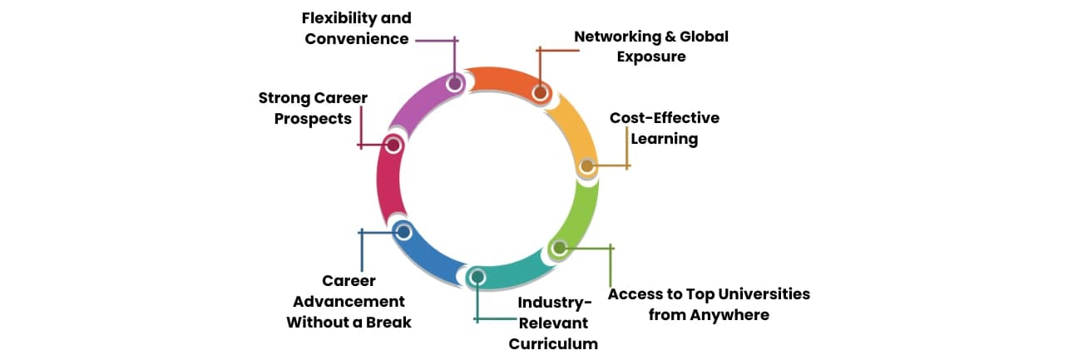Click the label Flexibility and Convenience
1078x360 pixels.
[356, 28]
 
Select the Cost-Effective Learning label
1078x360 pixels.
[664, 128]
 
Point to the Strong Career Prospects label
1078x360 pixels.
[313, 109]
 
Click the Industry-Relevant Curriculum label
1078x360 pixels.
[553, 323]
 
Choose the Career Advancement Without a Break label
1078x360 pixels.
[349, 302]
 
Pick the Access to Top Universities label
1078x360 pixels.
[709, 304]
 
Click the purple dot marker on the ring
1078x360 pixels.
[454, 83]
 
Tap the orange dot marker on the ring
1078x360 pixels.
[540, 92]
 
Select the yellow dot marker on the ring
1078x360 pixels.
[586, 166]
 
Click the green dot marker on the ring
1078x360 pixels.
[559, 247]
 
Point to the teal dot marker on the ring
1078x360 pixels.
[477, 276]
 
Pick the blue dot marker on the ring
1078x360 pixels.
[403, 232]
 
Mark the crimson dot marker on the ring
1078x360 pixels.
[394, 145]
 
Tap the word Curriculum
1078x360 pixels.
[553, 343]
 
